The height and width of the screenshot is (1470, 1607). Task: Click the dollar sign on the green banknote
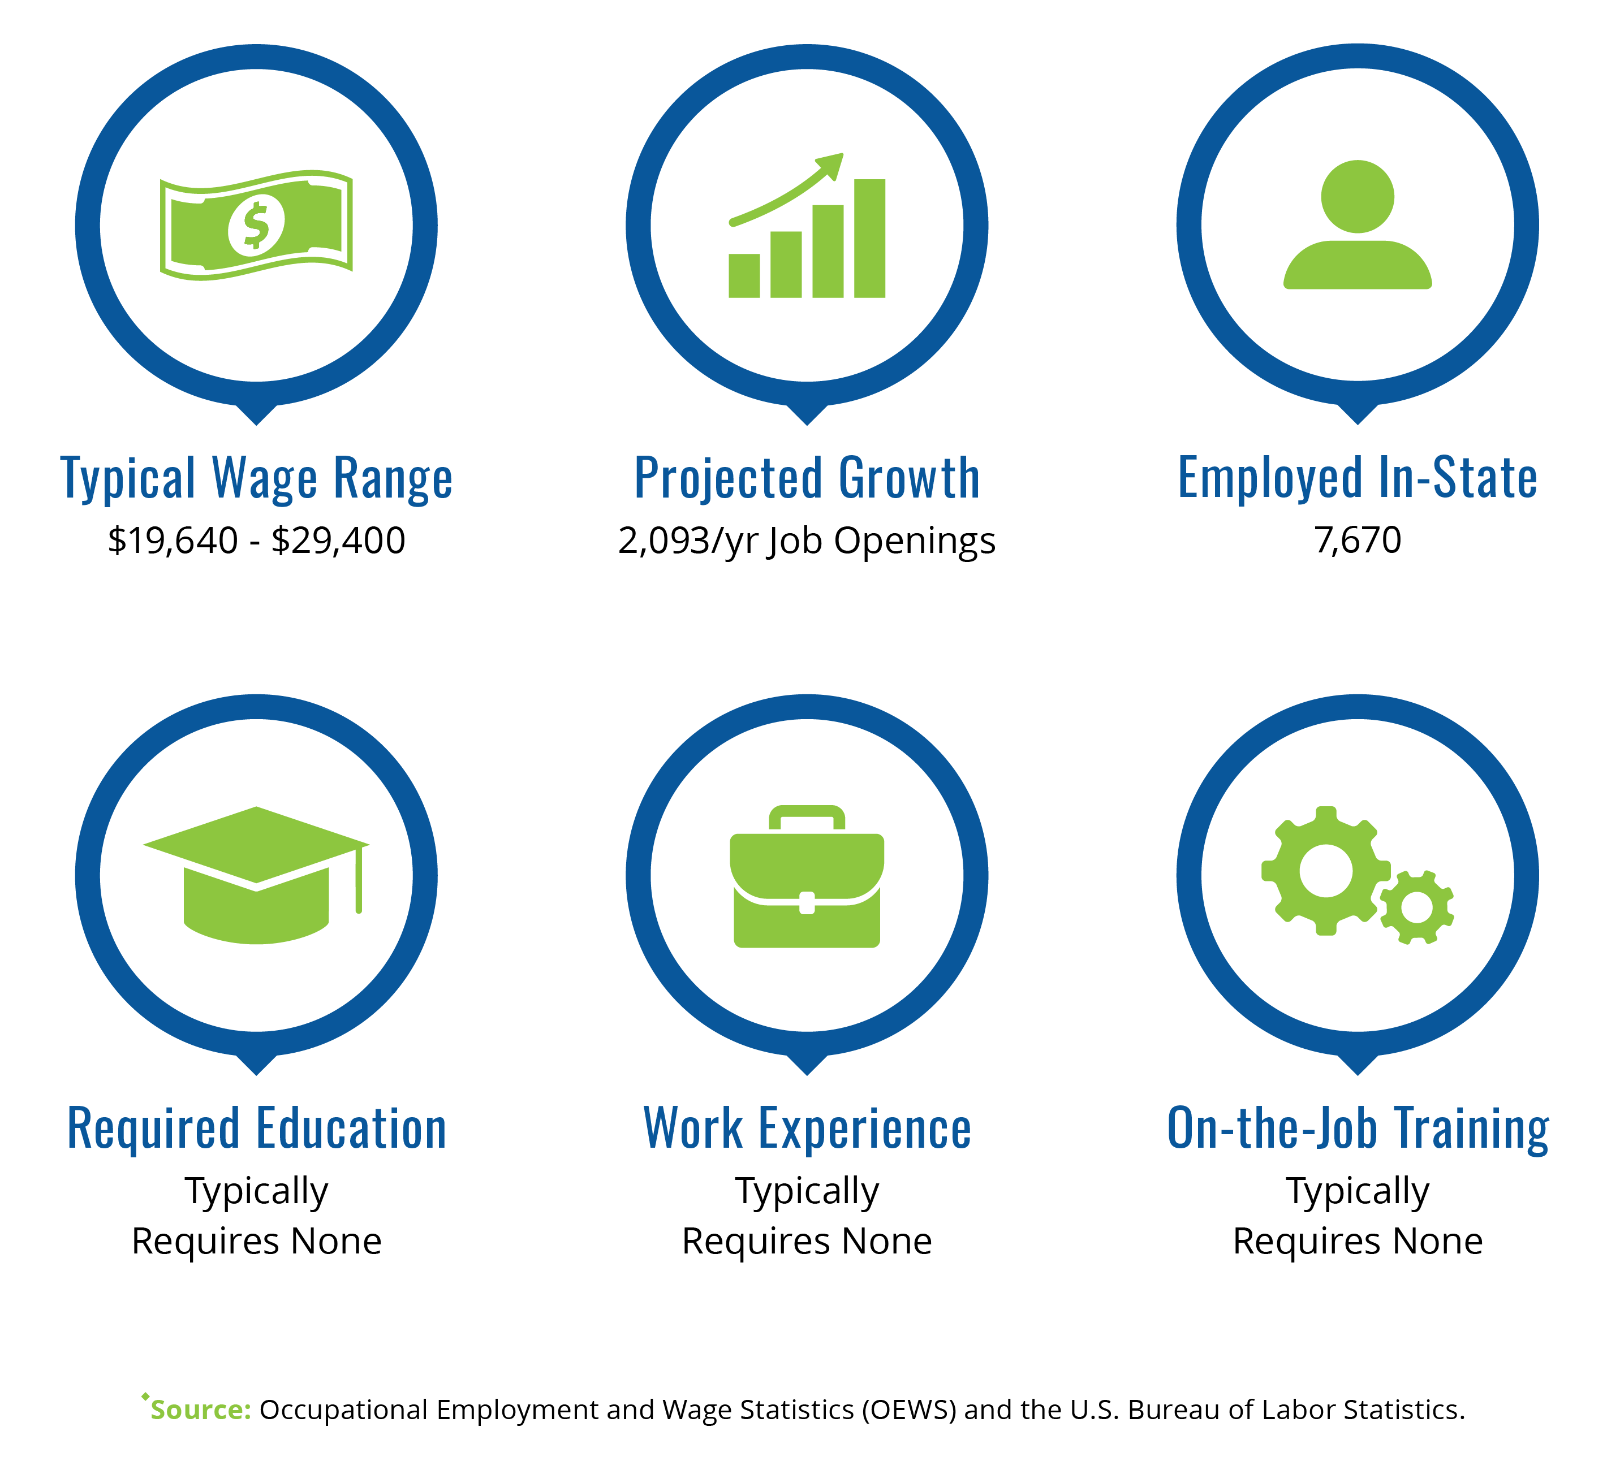point(256,226)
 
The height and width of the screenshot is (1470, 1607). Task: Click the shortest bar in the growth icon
point(744,276)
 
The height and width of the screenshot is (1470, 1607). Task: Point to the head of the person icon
point(1358,197)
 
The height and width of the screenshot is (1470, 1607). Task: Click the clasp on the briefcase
point(807,903)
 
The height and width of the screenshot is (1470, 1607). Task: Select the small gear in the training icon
point(1416,907)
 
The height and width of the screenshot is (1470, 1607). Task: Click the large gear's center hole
point(1326,871)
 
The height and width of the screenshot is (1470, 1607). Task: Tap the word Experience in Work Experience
point(865,1130)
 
